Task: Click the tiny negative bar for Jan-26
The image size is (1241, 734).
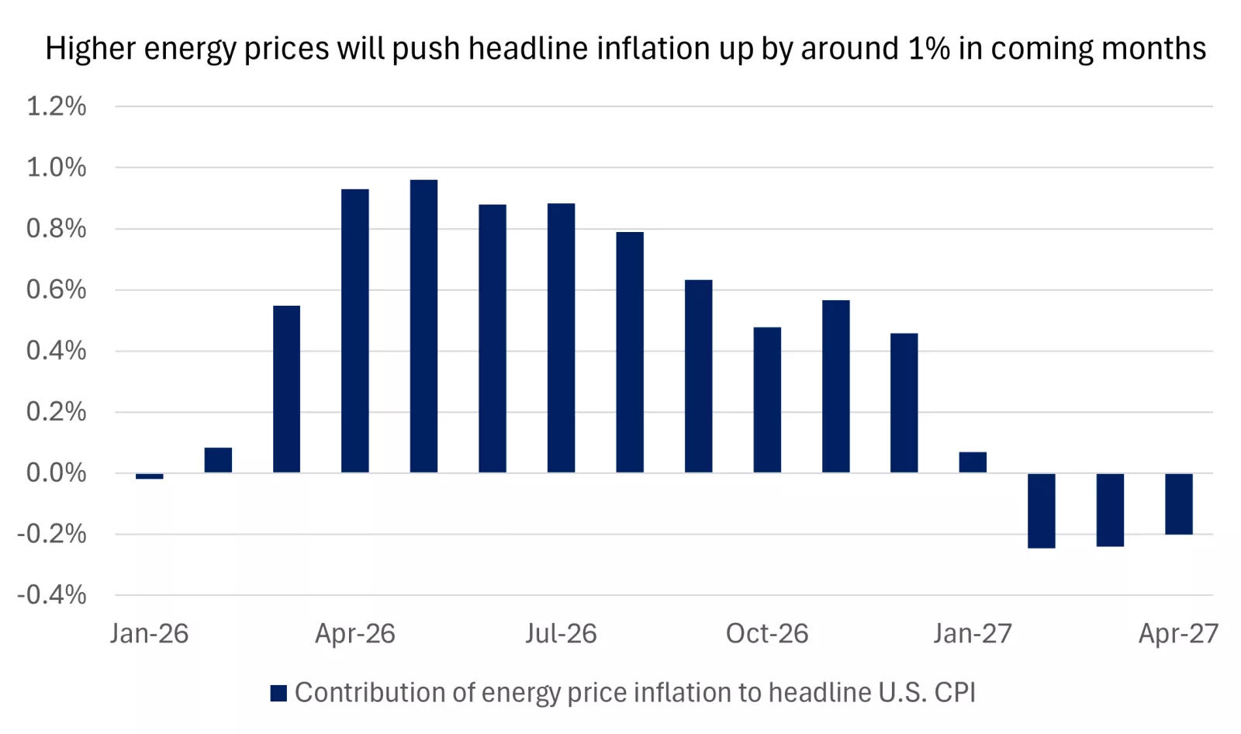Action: tap(149, 476)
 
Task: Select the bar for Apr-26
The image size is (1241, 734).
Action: tap(355, 331)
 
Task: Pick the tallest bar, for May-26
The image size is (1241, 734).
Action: tap(423, 326)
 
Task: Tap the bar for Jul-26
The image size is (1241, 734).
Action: tap(561, 338)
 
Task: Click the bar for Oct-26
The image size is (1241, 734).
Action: tap(767, 400)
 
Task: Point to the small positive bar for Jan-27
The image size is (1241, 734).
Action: tap(973, 462)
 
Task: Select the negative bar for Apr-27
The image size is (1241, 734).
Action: tap(1178, 504)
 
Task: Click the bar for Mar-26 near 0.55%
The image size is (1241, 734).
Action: tap(286, 389)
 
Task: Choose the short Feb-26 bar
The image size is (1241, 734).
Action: tap(218, 460)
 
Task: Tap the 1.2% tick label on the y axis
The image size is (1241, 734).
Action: tap(56, 106)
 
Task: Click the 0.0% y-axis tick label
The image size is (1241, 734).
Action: tap(56, 473)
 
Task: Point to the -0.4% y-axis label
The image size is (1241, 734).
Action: tap(52, 595)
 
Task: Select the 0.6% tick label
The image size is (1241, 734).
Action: tap(56, 289)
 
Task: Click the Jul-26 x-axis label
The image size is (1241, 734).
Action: tap(561, 634)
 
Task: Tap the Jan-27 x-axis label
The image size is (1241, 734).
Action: tap(973, 634)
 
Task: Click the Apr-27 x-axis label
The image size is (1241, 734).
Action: tap(1178, 634)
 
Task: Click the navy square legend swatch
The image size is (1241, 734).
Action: tap(278, 693)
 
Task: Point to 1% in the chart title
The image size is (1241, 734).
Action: tap(928, 48)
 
